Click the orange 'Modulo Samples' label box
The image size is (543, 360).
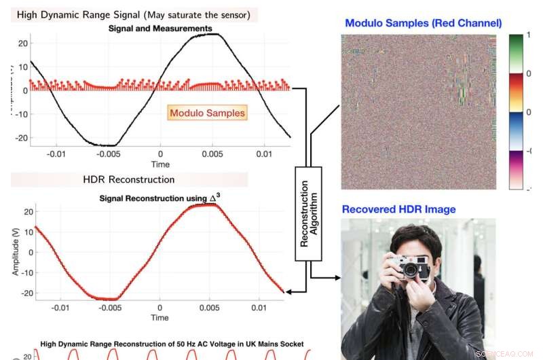pos(208,113)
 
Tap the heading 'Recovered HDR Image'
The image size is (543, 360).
pos(398,209)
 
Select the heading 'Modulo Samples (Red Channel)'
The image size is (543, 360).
pos(423,23)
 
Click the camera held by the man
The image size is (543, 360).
pos(411,266)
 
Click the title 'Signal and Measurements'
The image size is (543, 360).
pos(160,29)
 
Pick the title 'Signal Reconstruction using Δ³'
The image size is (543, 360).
pos(160,198)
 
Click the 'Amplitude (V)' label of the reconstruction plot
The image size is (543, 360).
pos(16,251)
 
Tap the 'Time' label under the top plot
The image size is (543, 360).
pos(160,164)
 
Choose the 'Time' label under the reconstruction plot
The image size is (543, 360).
pos(160,317)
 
